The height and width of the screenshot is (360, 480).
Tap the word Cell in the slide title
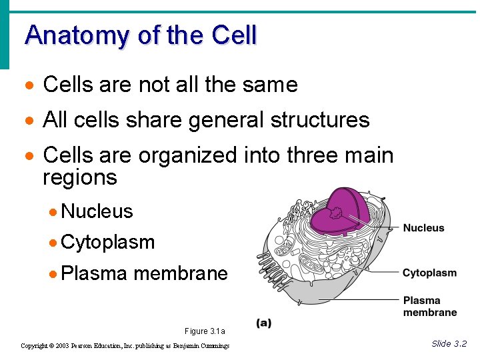click(x=233, y=35)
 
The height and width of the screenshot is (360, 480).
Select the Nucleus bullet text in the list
click(x=97, y=212)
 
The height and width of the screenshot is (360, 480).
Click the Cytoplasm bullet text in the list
click(x=107, y=243)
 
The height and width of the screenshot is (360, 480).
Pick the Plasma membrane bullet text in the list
click(x=144, y=273)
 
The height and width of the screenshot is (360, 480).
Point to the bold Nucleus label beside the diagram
click(x=423, y=228)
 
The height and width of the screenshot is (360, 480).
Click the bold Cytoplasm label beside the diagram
click(x=429, y=273)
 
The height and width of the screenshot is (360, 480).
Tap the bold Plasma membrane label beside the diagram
click(x=429, y=306)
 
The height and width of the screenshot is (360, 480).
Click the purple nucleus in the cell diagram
click(x=340, y=210)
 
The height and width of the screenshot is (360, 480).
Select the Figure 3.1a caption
click(x=205, y=331)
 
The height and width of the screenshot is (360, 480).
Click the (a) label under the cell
click(x=263, y=323)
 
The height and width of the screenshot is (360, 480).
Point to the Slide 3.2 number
click(x=449, y=343)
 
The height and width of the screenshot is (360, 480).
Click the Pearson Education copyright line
click(x=125, y=346)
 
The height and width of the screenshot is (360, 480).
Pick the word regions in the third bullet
click(x=79, y=178)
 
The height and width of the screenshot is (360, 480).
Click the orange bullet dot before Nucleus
click(x=53, y=213)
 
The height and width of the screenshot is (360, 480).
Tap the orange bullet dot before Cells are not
click(x=27, y=86)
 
